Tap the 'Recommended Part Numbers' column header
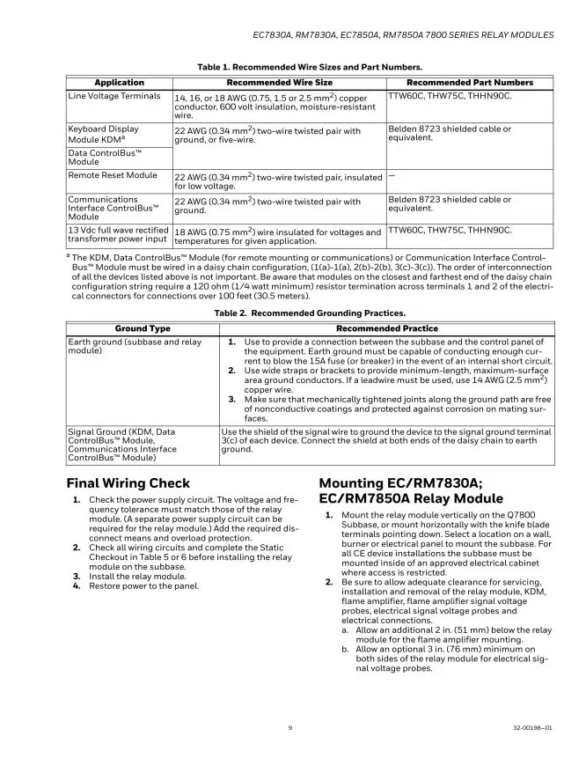(470, 83)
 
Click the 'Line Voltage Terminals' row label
(114, 96)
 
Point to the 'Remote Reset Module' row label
(113, 175)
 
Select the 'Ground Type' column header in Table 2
(143, 328)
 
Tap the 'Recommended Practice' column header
(386, 328)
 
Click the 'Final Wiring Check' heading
(128, 483)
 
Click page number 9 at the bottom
(291, 727)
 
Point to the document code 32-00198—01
(532, 727)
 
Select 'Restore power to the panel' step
(143, 585)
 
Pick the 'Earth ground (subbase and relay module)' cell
(134, 346)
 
